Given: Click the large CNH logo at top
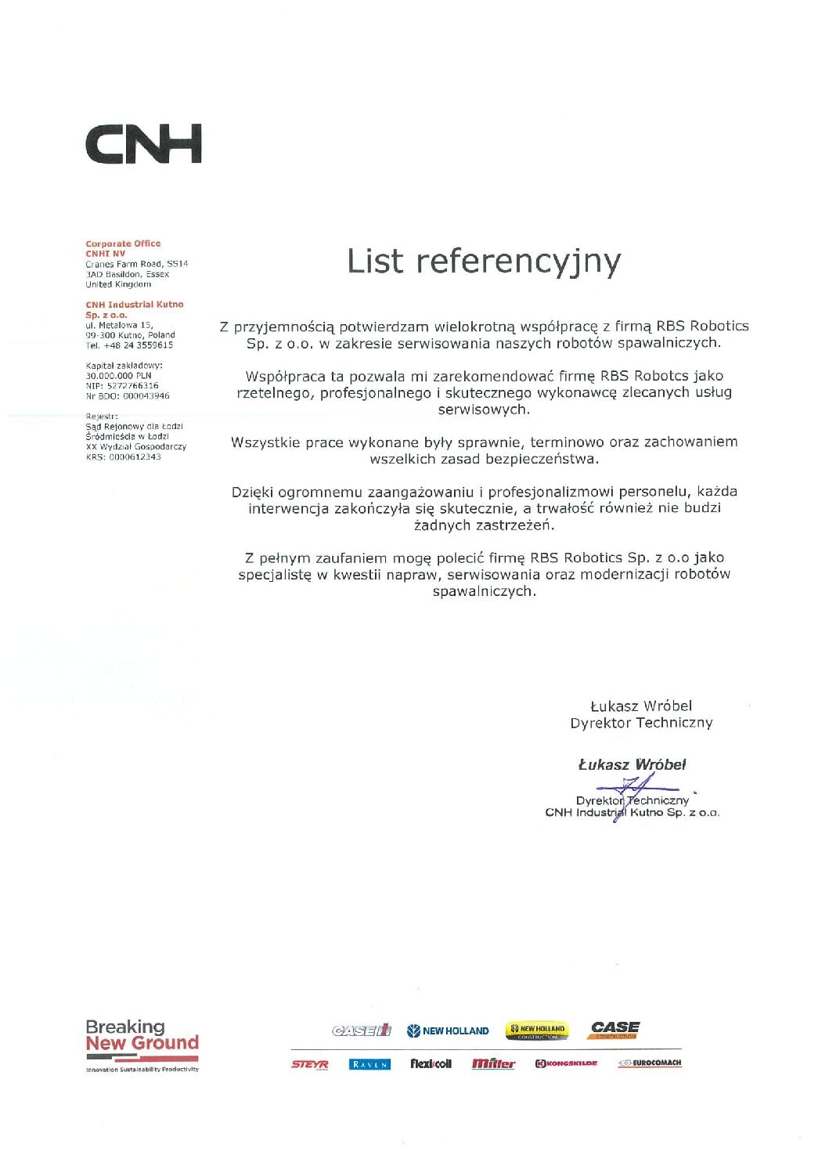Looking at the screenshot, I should pos(143,143).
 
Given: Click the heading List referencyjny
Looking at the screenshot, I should pos(484,262).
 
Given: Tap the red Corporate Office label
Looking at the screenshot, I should pos(123,244).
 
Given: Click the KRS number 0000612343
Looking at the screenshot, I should pos(135,457).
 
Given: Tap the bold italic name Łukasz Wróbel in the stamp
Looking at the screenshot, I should pos(632,765).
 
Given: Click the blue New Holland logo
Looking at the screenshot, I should pos(448,1031).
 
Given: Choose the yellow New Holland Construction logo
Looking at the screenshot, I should pos(537,1030).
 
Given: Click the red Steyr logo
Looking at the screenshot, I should pos(309,1064).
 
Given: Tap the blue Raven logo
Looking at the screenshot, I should pos(369,1065).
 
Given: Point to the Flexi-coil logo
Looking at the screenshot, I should pos(431,1064).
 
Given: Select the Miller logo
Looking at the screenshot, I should pos(493,1064).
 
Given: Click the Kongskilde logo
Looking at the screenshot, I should pos(566,1064).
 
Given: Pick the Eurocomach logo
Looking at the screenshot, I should pos(649,1063).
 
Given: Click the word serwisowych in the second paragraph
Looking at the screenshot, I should pos(483,410).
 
